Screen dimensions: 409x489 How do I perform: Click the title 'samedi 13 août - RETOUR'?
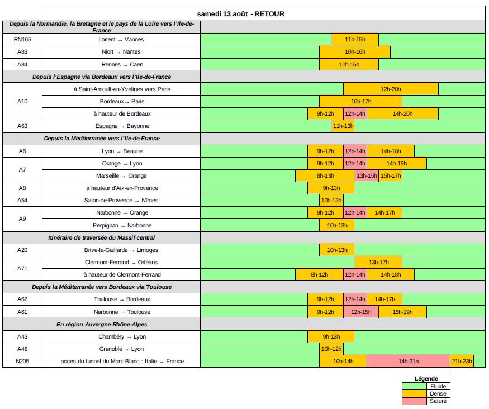241,13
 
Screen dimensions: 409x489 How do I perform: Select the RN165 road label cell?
22,40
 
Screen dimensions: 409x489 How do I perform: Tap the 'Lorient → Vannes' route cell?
121,40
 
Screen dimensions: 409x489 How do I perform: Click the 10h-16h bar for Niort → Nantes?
355,52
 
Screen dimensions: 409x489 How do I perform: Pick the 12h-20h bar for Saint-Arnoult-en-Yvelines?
391,89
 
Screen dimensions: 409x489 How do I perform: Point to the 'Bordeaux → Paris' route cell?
121,101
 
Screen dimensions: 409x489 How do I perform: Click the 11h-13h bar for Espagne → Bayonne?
343,126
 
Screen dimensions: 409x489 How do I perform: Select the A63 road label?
22,126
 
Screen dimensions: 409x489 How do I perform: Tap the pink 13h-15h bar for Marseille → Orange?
367,175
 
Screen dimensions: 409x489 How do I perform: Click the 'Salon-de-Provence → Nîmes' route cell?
121,200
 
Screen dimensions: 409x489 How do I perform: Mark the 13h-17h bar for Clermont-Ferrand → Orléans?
379,262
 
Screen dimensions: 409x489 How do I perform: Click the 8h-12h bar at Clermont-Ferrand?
319,274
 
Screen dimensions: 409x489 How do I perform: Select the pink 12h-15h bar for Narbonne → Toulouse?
361,312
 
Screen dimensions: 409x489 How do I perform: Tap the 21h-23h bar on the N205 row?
462,361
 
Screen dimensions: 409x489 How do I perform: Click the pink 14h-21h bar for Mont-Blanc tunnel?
409,361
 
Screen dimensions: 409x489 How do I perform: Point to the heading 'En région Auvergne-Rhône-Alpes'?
102,324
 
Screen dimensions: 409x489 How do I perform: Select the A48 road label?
22,349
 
